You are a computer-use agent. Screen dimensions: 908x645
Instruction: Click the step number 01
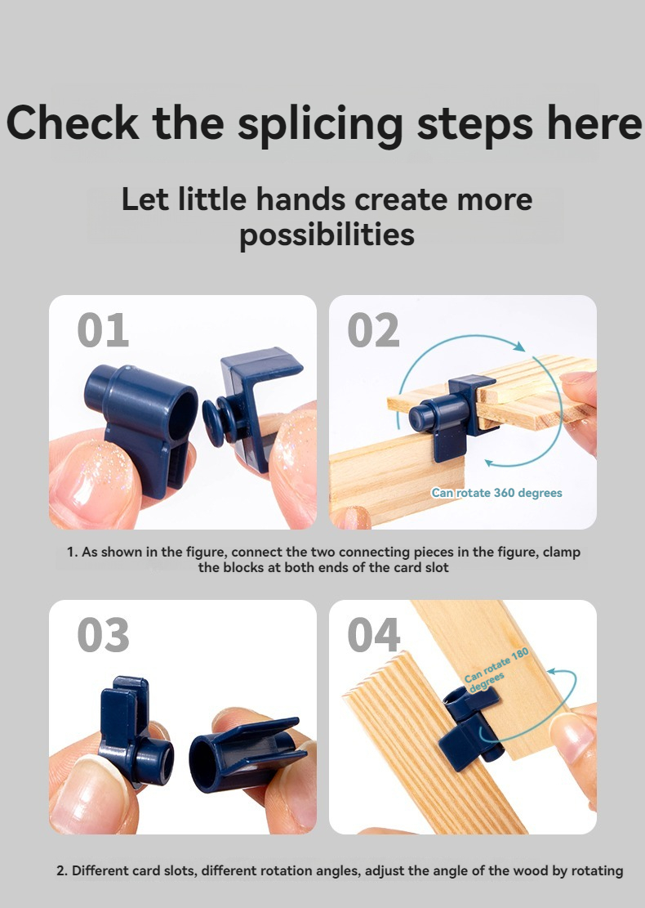(103, 330)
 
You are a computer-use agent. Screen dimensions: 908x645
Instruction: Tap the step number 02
(373, 330)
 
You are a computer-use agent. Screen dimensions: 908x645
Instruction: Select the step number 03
(103, 635)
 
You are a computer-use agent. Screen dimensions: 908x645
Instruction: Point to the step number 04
(374, 635)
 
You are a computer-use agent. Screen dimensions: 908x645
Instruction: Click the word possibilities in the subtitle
(327, 235)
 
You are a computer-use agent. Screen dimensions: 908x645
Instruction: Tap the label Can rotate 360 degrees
(496, 493)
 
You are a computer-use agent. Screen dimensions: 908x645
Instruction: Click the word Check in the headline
(73, 123)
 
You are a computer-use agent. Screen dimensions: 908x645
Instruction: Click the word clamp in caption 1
(561, 552)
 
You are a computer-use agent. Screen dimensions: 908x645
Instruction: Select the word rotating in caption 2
(596, 870)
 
